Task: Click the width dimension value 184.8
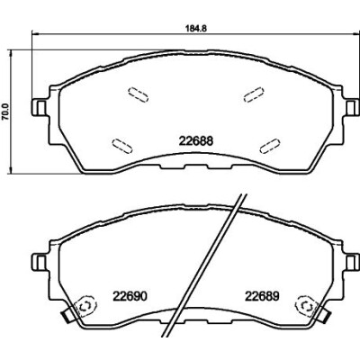point(196,28)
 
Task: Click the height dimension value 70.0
point(5,112)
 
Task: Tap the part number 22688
point(196,141)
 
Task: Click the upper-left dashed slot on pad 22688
point(138,94)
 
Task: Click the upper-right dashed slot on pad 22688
point(254,94)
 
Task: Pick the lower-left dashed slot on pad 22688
point(121,146)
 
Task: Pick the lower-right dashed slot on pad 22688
point(270,146)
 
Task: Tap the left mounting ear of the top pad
point(39,108)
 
